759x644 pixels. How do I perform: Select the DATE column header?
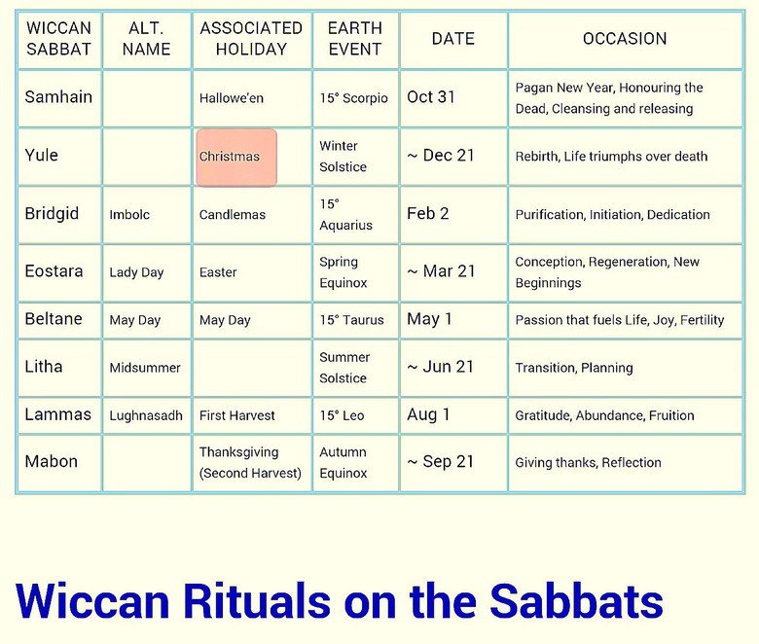pyautogui.click(x=452, y=39)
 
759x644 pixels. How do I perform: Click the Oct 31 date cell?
pyautogui.click(x=431, y=97)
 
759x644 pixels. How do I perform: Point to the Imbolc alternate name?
pyautogui.click(x=129, y=215)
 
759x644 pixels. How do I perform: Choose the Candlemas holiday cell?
pyautogui.click(x=232, y=215)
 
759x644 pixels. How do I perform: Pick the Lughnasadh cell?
pyautogui.click(x=146, y=415)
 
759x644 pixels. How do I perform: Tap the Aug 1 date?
pyautogui.click(x=428, y=415)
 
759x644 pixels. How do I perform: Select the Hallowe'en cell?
pyautogui.click(x=232, y=98)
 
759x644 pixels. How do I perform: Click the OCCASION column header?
pyautogui.click(x=625, y=39)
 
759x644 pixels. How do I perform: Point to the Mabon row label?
pyautogui.click(x=51, y=462)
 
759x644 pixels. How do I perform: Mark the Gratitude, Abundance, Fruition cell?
pyautogui.click(x=604, y=415)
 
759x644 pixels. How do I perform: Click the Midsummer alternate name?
pyautogui.click(x=145, y=368)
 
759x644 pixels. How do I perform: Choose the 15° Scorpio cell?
pyautogui.click(x=353, y=98)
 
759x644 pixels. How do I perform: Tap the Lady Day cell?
pyautogui.click(x=136, y=272)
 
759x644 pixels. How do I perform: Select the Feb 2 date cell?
pyautogui.click(x=428, y=214)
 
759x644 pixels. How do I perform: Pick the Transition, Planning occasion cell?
pyautogui.click(x=574, y=368)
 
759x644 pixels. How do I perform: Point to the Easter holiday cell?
pyautogui.click(x=218, y=272)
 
